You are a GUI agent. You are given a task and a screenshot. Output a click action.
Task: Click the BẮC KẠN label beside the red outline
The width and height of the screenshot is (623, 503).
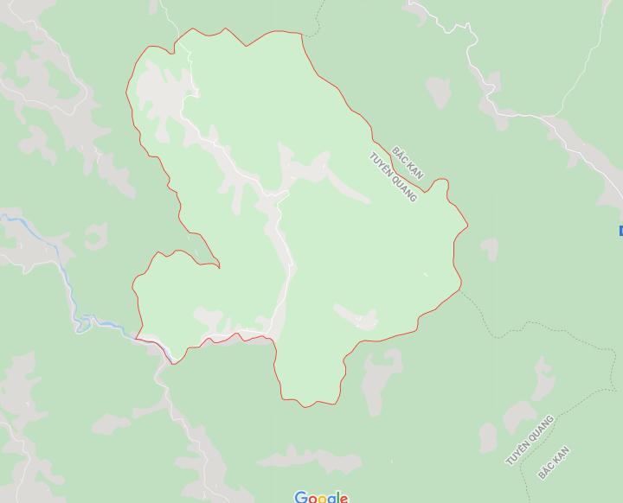pyautogui.click(x=408, y=162)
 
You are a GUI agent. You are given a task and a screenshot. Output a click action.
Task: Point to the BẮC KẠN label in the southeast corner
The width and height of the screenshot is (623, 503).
pyautogui.click(x=554, y=462)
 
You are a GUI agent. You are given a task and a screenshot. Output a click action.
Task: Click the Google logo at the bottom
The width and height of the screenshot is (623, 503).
pyautogui.click(x=321, y=497)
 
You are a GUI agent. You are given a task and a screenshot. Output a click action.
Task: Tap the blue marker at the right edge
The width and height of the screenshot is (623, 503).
pyautogui.click(x=620, y=230)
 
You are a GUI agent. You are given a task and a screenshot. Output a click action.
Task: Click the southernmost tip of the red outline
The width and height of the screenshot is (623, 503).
pyautogui.click(x=303, y=404)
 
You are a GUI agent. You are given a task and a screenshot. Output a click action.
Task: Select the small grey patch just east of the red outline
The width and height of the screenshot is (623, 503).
pyautogui.click(x=490, y=249)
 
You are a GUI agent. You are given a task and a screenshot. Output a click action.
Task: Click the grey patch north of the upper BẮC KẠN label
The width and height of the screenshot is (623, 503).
pyautogui.click(x=438, y=91)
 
